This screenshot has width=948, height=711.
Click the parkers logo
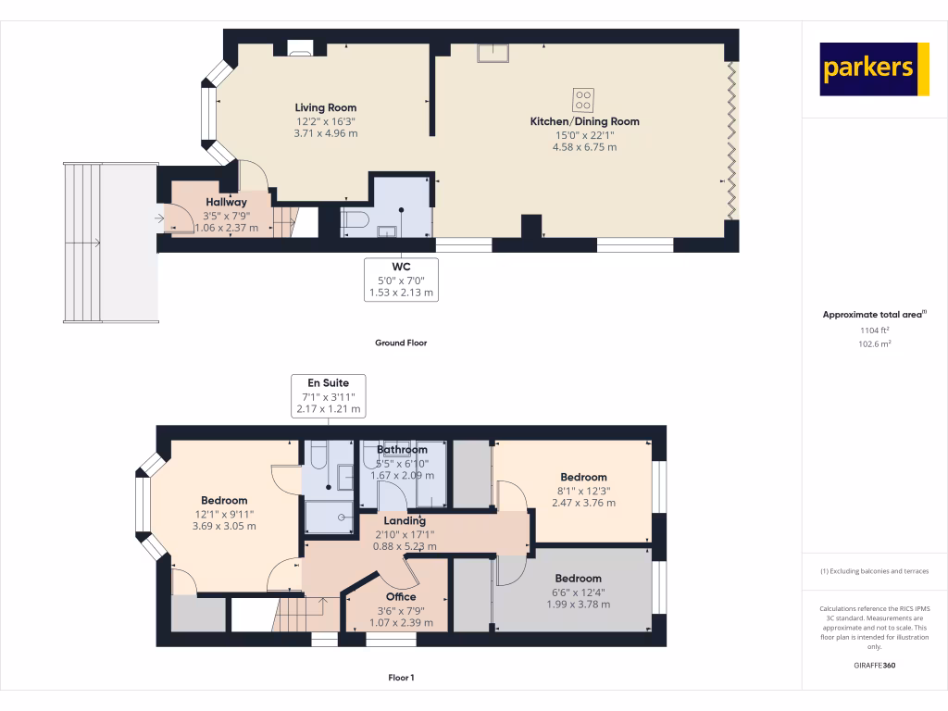[x=874, y=69]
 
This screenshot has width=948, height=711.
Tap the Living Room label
[x=326, y=107]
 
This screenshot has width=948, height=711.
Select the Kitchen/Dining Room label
[x=584, y=121]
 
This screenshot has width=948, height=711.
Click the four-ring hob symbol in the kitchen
[x=584, y=96]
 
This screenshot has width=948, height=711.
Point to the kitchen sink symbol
[x=493, y=53]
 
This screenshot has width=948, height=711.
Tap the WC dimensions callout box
[x=401, y=279]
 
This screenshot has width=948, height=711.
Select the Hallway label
[x=226, y=202]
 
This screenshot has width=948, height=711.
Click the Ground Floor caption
[x=400, y=343]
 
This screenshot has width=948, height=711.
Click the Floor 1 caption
[x=401, y=678]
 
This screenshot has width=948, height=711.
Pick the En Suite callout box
[x=328, y=395]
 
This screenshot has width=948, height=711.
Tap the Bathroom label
[x=402, y=450]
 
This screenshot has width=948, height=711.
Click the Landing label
[x=405, y=520]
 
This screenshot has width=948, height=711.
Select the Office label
[x=401, y=596]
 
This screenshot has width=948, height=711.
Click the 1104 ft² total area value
[x=874, y=330]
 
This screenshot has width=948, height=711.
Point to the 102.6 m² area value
[x=874, y=343]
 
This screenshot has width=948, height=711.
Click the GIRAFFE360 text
[x=874, y=666]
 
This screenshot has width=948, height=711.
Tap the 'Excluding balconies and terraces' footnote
[x=874, y=571]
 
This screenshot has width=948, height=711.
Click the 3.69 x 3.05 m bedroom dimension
[x=224, y=526]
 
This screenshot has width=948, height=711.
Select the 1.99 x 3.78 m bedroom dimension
[x=578, y=604]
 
